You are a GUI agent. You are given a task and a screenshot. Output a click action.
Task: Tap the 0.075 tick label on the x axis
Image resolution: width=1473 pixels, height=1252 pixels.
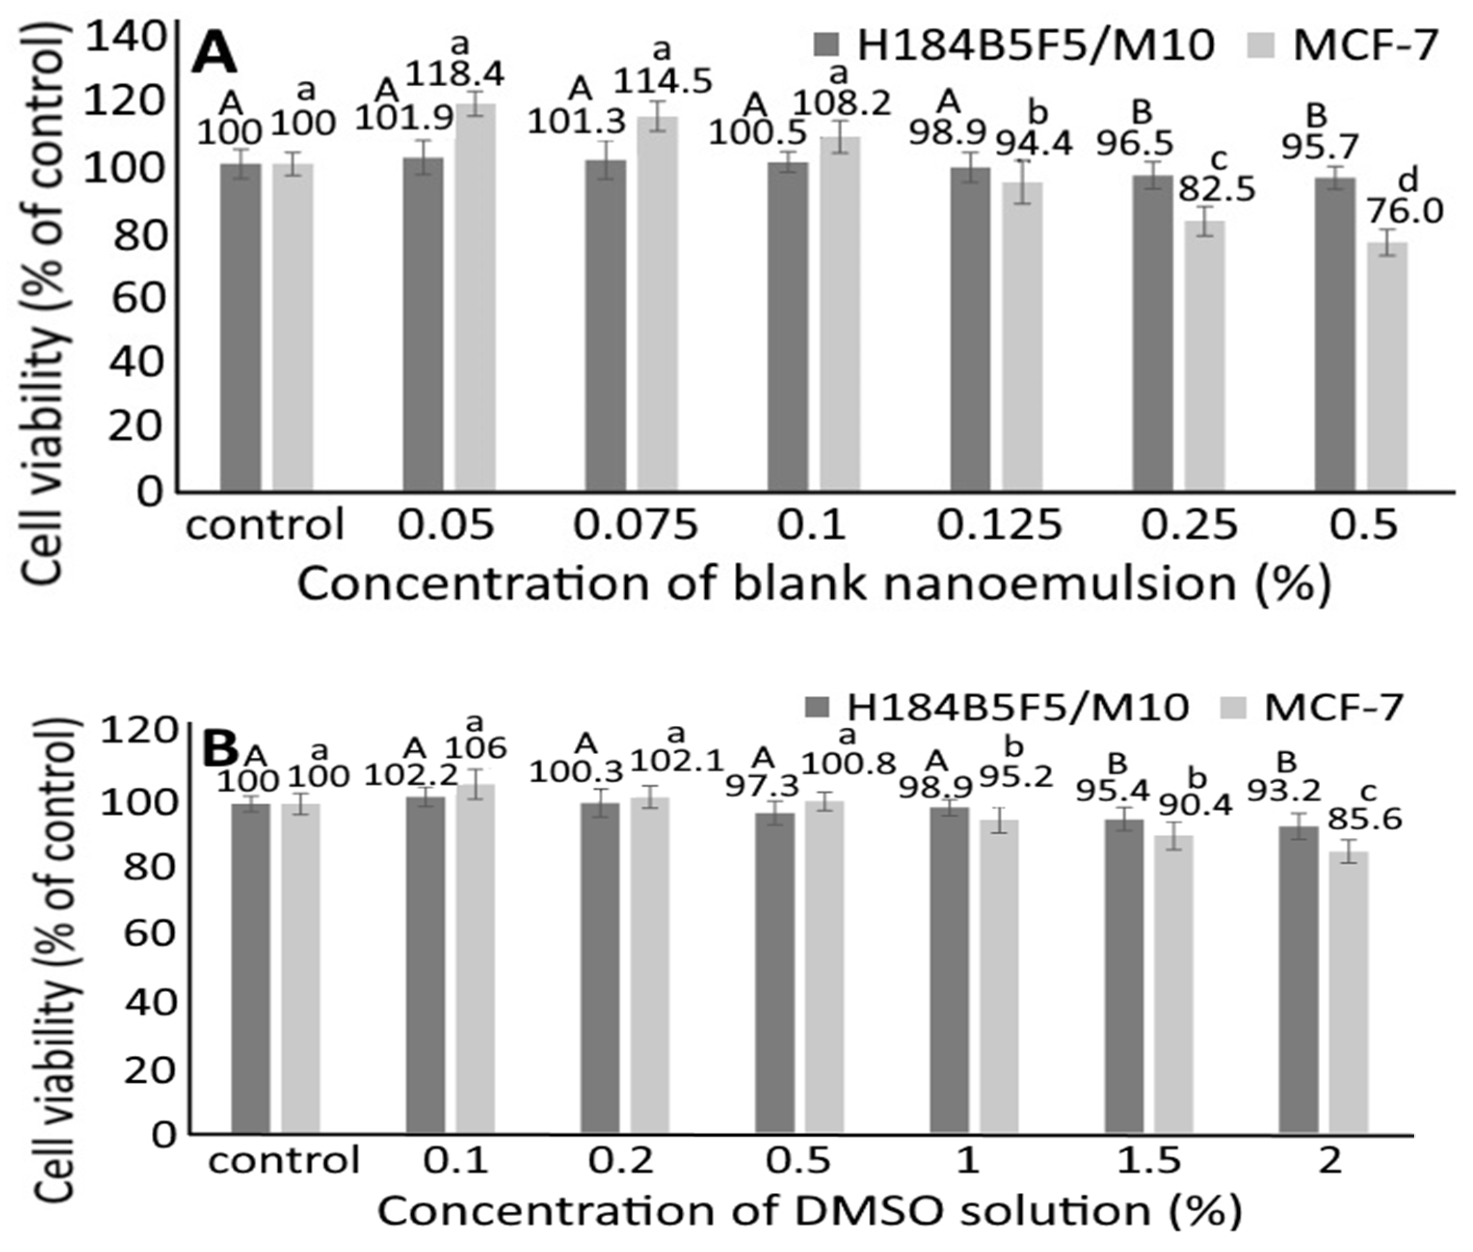[x=635, y=526]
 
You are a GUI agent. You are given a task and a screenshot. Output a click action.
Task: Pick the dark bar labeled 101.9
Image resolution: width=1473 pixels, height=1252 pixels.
[x=423, y=324]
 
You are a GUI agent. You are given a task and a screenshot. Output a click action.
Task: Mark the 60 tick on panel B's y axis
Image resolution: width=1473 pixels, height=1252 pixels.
[x=149, y=932]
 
